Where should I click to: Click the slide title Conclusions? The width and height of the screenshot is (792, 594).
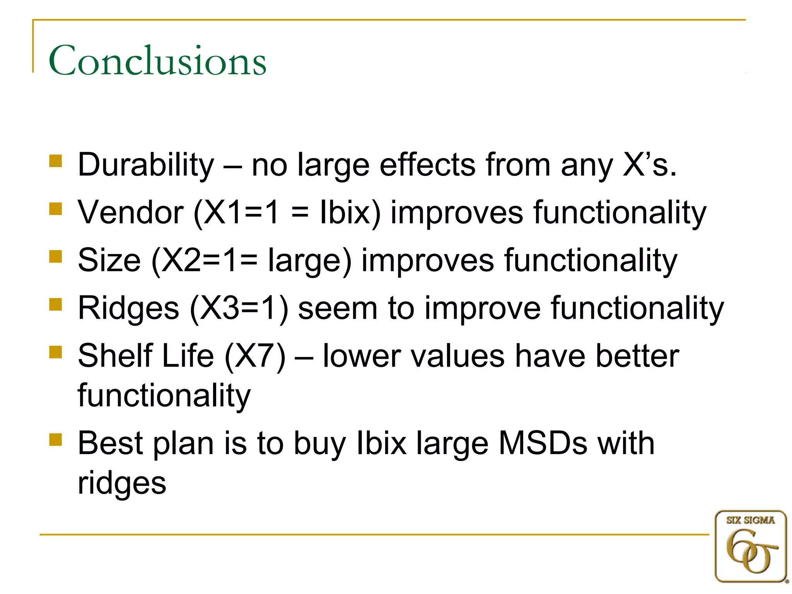tap(157, 61)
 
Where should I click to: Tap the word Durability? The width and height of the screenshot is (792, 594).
tap(146, 165)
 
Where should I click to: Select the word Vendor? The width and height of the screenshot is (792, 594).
tap(130, 212)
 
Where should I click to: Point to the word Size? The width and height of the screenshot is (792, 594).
tap(109, 260)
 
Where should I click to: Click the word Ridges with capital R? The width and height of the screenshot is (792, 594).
tap(128, 309)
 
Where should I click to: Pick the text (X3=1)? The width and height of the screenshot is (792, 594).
tap(239, 309)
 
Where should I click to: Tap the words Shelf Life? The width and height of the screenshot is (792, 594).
tap(146, 356)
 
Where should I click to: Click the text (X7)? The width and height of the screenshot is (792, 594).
tap(255, 356)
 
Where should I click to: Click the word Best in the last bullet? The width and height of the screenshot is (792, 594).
tap(110, 443)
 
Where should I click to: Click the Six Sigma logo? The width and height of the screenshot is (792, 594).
tap(751, 546)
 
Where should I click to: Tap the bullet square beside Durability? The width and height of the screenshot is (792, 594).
tap(56, 161)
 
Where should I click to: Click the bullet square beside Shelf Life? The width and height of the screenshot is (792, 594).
tap(56, 352)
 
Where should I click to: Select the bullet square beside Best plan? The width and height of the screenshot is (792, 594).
tap(56, 439)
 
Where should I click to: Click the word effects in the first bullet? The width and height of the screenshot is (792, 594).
tap(427, 165)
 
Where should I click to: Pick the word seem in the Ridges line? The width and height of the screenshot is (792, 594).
tap(338, 309)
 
